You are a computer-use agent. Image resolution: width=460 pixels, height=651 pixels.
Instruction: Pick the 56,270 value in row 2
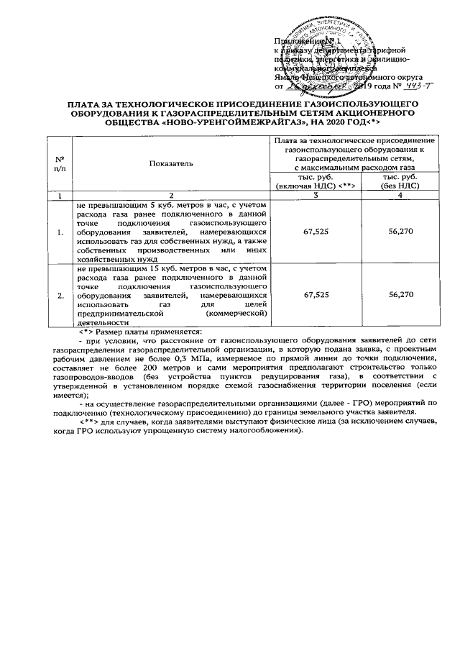[400, 296]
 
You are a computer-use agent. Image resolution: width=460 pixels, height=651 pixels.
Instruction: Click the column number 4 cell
[400, 196]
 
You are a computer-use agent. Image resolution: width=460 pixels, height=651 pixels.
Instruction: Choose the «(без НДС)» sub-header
[400, 186]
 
